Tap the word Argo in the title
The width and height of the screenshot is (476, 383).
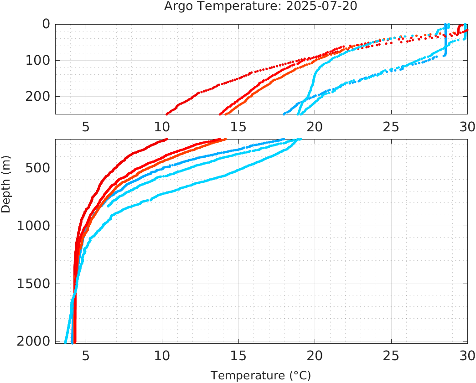pos(178,7)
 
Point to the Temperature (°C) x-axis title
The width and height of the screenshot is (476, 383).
pos(261,376)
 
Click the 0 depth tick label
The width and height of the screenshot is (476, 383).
pos(46,24)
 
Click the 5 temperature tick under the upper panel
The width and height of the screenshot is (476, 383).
pos(86,127)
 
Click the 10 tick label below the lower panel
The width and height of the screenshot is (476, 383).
pos(162,355)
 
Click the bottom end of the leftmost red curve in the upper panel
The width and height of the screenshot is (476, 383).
pos(167,114)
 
